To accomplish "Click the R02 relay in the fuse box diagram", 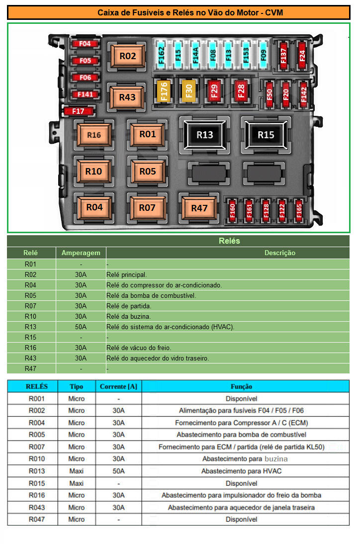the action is pyautogui.click(x=128, y=56).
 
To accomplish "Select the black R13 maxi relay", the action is pyautogui.click(x=205, y=135).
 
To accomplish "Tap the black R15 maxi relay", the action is pyautogui.click(x=266, y=135).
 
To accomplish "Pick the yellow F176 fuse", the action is pyautogui.click(x=164, y=91).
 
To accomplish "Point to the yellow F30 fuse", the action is pyautogui.click(x=189, y=91).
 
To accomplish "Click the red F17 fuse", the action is pyautogui.click(x=79, y=111).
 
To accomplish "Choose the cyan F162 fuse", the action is pyautogui.click(x=161, y=55).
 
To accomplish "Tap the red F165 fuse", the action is pyautogui.click(x=299, y=210).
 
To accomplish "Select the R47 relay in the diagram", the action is pyautogui.click(x=199, y=208).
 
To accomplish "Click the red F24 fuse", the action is pyautogui.click(x=302, y=55).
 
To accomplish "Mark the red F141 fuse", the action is pyautogui.click(x=86, y=94).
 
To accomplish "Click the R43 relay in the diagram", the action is pyautogui.click(x=127, y=97).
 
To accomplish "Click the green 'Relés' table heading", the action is pyautogui.click(x=229, y=241).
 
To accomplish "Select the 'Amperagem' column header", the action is pyautogui.click(x=81, y=253).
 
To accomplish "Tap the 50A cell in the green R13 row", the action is pyautogui.click(x=81, y=327).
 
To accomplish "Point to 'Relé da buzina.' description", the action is pyautogui.click(x=128, y=316).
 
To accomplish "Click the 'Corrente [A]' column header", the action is pyautogui.click(x=119, y=386).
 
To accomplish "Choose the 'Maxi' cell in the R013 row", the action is pyautogui.click(x=76, y=471).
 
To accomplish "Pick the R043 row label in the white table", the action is pyautogui.click(x=37, y=508).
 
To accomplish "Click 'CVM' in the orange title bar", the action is pyautogui.click(x=274, y=13).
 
